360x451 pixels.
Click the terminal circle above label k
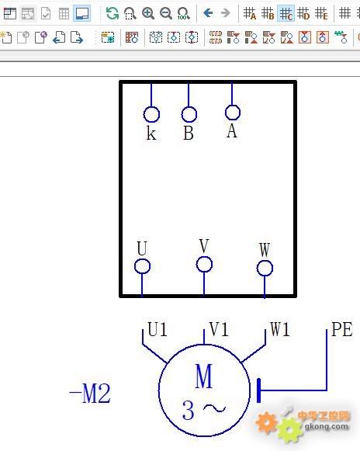tap(151, 107)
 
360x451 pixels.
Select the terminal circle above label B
tap(189, 107)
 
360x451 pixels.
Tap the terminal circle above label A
tap(232, 105)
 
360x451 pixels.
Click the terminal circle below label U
tap(142, 259)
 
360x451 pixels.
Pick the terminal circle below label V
tap(204, 257)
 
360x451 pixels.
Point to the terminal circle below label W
tap(265, 261)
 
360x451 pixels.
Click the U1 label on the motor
tap(157, 329)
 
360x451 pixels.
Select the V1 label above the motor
tap(219, 329)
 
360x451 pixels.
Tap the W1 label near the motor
tap(280, 329)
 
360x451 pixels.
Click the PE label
tap(342, 329)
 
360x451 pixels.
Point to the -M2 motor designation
tap(90, 394)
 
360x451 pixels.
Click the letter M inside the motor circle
tap(204, 376)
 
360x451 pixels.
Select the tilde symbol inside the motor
tap(214, 408)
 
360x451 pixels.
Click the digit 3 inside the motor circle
tap(189, 411)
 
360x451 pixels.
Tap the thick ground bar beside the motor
tap(259, 390)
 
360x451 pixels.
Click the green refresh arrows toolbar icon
tap(112, 13)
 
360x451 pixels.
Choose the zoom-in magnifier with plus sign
tap(148, 13)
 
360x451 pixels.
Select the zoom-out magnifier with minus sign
tap(166, 13)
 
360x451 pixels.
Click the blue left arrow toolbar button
tap(208, 13)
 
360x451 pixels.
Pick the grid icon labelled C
tap(286, 13)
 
